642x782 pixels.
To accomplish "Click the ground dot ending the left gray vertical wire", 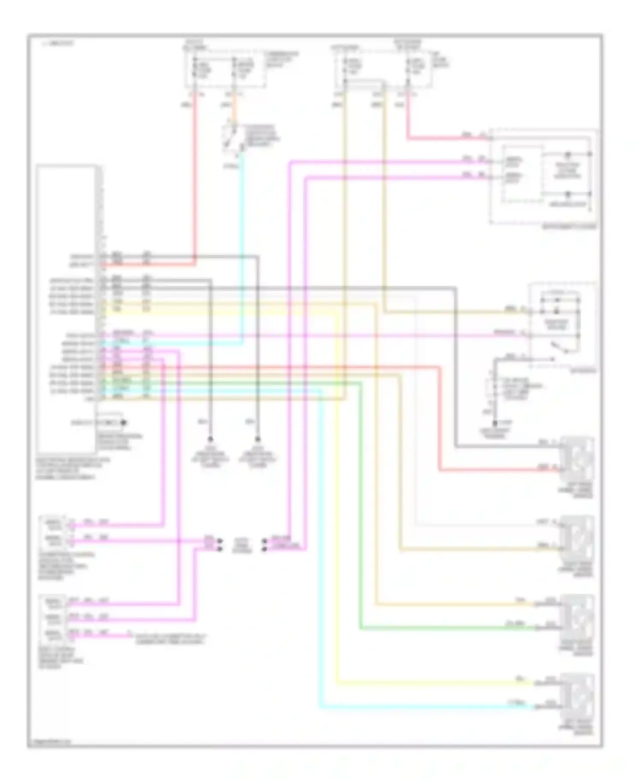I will (210, 439).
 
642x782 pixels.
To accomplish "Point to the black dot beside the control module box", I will (123, 423).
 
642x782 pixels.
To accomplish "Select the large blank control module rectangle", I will (66, 308).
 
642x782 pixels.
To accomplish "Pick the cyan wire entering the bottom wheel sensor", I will (428, 708).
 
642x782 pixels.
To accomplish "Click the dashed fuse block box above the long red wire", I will (225, 71).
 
